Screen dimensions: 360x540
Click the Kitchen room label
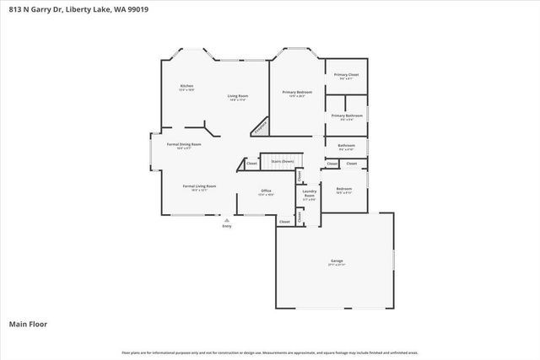[186, 87]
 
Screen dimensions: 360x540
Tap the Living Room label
[237, 96]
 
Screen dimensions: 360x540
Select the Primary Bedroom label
[297, 92]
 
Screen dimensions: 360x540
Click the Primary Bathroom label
[347, 116]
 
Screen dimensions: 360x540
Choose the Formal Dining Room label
[183, 144]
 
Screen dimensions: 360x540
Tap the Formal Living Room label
[200, 186]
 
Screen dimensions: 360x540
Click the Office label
[265, 191]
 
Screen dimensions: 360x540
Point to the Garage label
[335, 262]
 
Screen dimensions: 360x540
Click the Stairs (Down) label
[282, 161]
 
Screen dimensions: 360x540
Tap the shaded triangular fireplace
[262, 126]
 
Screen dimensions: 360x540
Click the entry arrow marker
[226, 220]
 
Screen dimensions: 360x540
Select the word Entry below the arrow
[226, 226]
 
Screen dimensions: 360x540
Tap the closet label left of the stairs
[251, 163]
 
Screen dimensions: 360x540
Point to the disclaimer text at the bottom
[270, 352]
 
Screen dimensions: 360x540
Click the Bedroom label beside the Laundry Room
[344, 189]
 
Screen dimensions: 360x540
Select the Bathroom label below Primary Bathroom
[346, 145]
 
